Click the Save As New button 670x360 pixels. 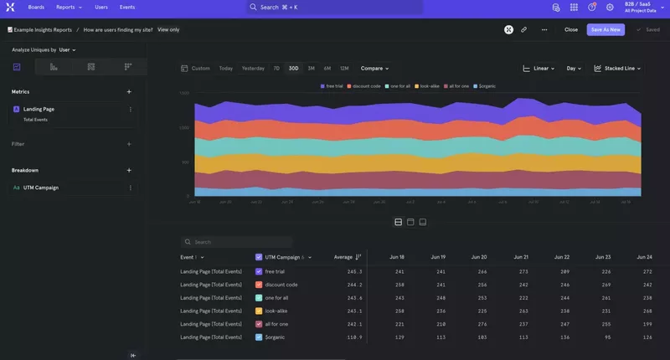[606, 29]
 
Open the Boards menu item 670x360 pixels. [36, 7]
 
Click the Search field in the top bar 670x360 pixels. [333, 7]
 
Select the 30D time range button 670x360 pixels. [293, 68]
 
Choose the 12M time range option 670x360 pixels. [344, 68]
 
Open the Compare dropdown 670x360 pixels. [376, 68]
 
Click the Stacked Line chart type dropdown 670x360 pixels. [618, 68]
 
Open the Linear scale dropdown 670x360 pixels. [540, 68]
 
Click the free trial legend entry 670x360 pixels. [332, 86]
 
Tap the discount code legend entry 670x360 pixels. [365, 86]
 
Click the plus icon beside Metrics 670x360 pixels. [129, 91]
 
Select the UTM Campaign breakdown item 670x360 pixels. [41, 188]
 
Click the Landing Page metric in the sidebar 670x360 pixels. [39, 109]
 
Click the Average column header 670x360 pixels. [343, 257]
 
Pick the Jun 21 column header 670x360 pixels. [520, 257]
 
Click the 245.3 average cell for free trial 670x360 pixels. [354, 271]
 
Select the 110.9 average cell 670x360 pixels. [354, 337]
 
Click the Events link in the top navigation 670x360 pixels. [127, 7]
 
